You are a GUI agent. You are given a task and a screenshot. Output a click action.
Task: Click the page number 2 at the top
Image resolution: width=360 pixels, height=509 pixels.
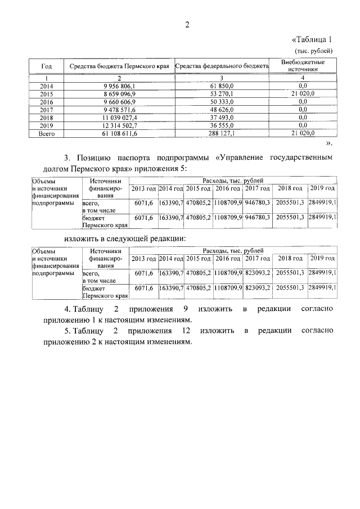pyautogui.click(x=188, y=24)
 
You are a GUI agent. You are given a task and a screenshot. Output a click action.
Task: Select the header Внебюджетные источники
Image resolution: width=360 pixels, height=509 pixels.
pyautogui.click(x=303, y=65)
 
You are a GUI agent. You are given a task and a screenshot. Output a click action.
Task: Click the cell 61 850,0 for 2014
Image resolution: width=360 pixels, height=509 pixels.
pyautogui.click(x=222, y=85)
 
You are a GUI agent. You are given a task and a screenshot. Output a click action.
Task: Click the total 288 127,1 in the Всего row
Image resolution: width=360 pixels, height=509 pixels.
pyautogui.click(x=222, y=133)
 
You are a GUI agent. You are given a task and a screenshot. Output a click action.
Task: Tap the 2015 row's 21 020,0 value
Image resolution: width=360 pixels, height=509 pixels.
pyautogui.click(x=303, y=93)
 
